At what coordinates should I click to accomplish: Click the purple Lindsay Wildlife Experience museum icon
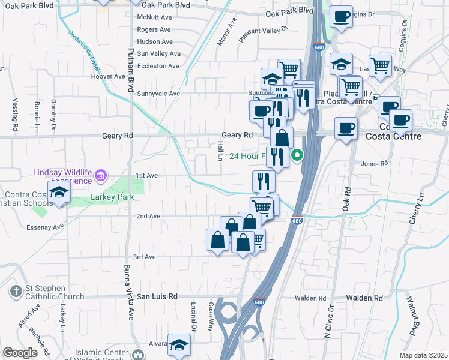click(101, 176)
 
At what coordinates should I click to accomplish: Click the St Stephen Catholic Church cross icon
click(16, 292)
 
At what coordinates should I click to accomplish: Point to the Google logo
click(20, 352)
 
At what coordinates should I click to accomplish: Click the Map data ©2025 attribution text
click(423, 355)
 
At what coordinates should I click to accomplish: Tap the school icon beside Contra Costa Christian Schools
click(59, 192)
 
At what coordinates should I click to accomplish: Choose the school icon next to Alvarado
click(179, 344)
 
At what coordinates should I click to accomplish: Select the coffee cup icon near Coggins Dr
click(342, 17)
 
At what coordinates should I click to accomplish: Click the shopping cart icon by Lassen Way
click(381, 66)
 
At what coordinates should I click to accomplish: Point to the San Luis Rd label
click(157, 296)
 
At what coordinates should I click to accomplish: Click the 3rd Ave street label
click(145, 257)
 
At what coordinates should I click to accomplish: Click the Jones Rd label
click(372, 164)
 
